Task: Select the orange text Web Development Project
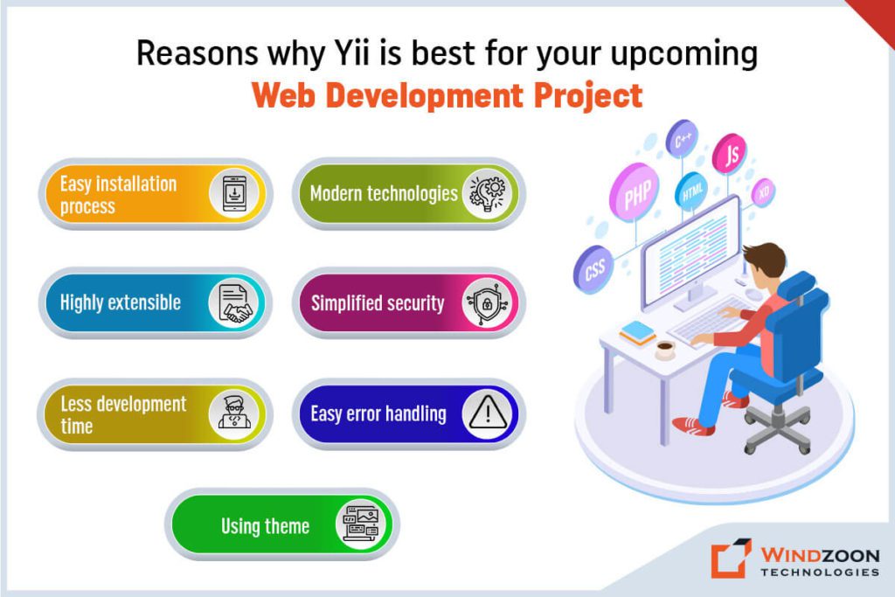click(x=447, y=95)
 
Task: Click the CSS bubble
click(x=595, y=268)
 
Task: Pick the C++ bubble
click(x=683, y=138)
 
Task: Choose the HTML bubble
click(x=691, y=191)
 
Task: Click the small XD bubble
click(x=763, y=191)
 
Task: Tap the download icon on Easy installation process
click(x=233, y=193)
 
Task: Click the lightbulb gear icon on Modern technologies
click(x=487, y=193)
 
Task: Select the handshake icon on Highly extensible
click(x=233, y=303)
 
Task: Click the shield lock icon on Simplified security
click(x=486, y=303)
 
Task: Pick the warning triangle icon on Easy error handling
click(x=487, y=413)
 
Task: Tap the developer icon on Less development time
click(x=233, y=413)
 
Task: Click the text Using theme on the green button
click(x=265, y=525)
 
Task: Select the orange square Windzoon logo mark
click(x=730, y=559)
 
